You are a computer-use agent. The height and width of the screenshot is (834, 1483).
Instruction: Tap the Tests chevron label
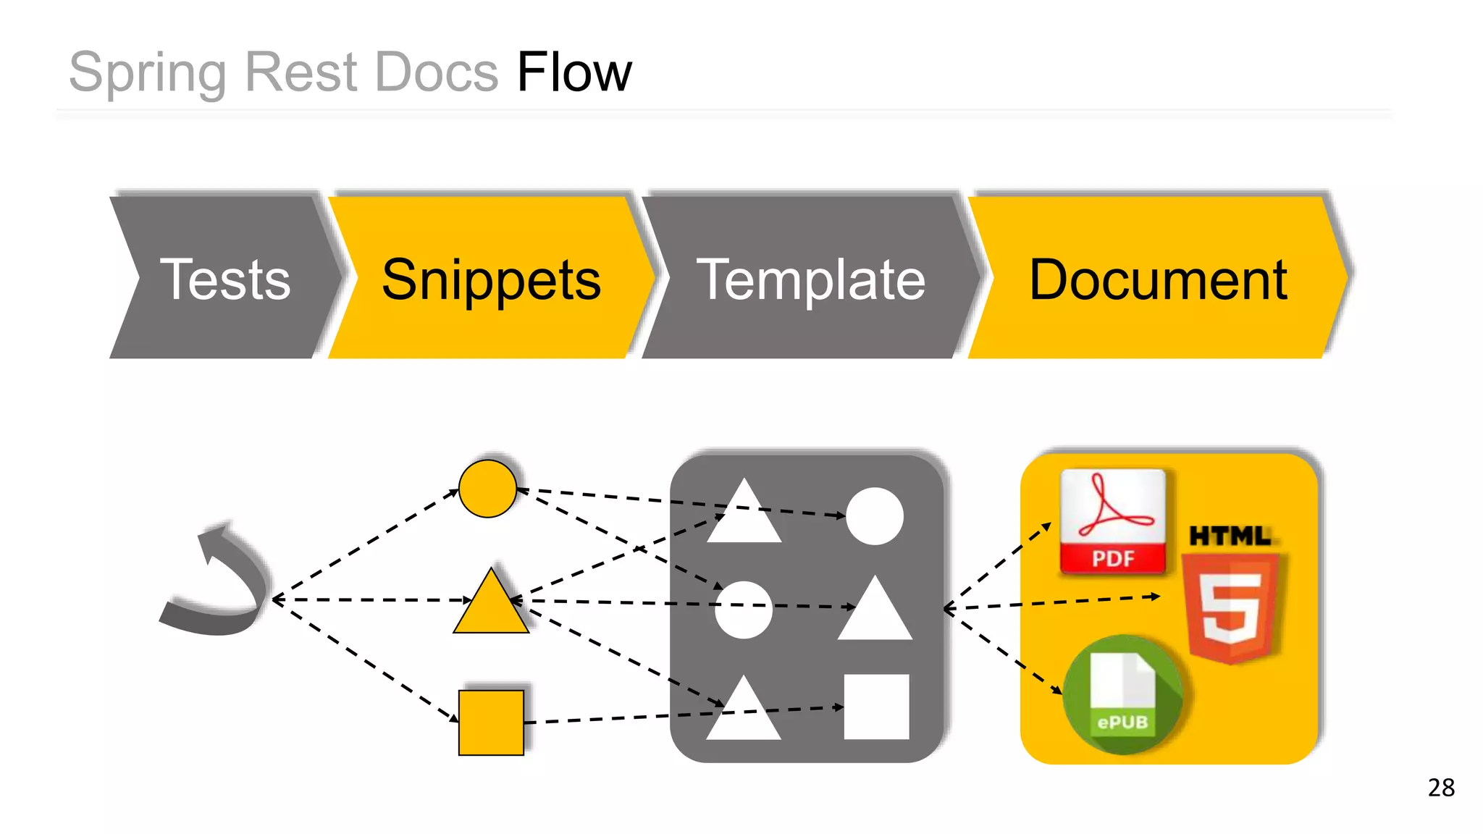(x=225, y=279)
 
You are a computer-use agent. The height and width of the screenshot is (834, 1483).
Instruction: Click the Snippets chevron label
(x=491, y=279)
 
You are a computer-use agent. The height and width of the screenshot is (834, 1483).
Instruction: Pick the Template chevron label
(x=810, y=279)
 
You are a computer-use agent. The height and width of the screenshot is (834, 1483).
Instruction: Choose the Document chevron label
(x=1158, y=279)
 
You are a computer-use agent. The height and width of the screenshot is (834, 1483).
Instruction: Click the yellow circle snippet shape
(x=488, y=489)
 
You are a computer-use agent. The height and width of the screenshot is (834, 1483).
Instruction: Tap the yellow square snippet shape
(x=491, y=723)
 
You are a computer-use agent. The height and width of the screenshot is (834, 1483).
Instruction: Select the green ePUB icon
(x=1122, y=694)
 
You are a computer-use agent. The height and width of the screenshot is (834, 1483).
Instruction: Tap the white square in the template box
(x=876, y=707)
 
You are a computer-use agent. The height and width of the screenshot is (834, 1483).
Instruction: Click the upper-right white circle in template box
(x=875, y=516)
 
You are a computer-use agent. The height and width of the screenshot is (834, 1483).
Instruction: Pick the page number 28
(x=1441, y=788)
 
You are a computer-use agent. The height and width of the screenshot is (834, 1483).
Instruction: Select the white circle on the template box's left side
(x=744, y=610)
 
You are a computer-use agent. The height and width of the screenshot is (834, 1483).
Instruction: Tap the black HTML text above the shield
(x=1230, y=536)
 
